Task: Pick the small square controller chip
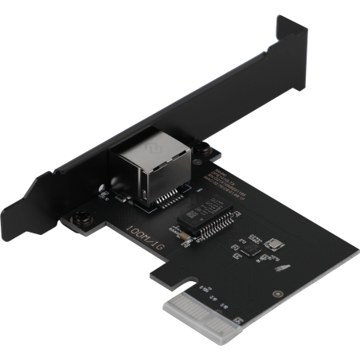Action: pos(249,249)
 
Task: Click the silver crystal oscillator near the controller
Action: pos(274,245)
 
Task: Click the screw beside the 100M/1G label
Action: pos(83,216)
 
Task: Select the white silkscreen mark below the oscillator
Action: pos(279,268)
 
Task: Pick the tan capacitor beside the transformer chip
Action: pos(182,237)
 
